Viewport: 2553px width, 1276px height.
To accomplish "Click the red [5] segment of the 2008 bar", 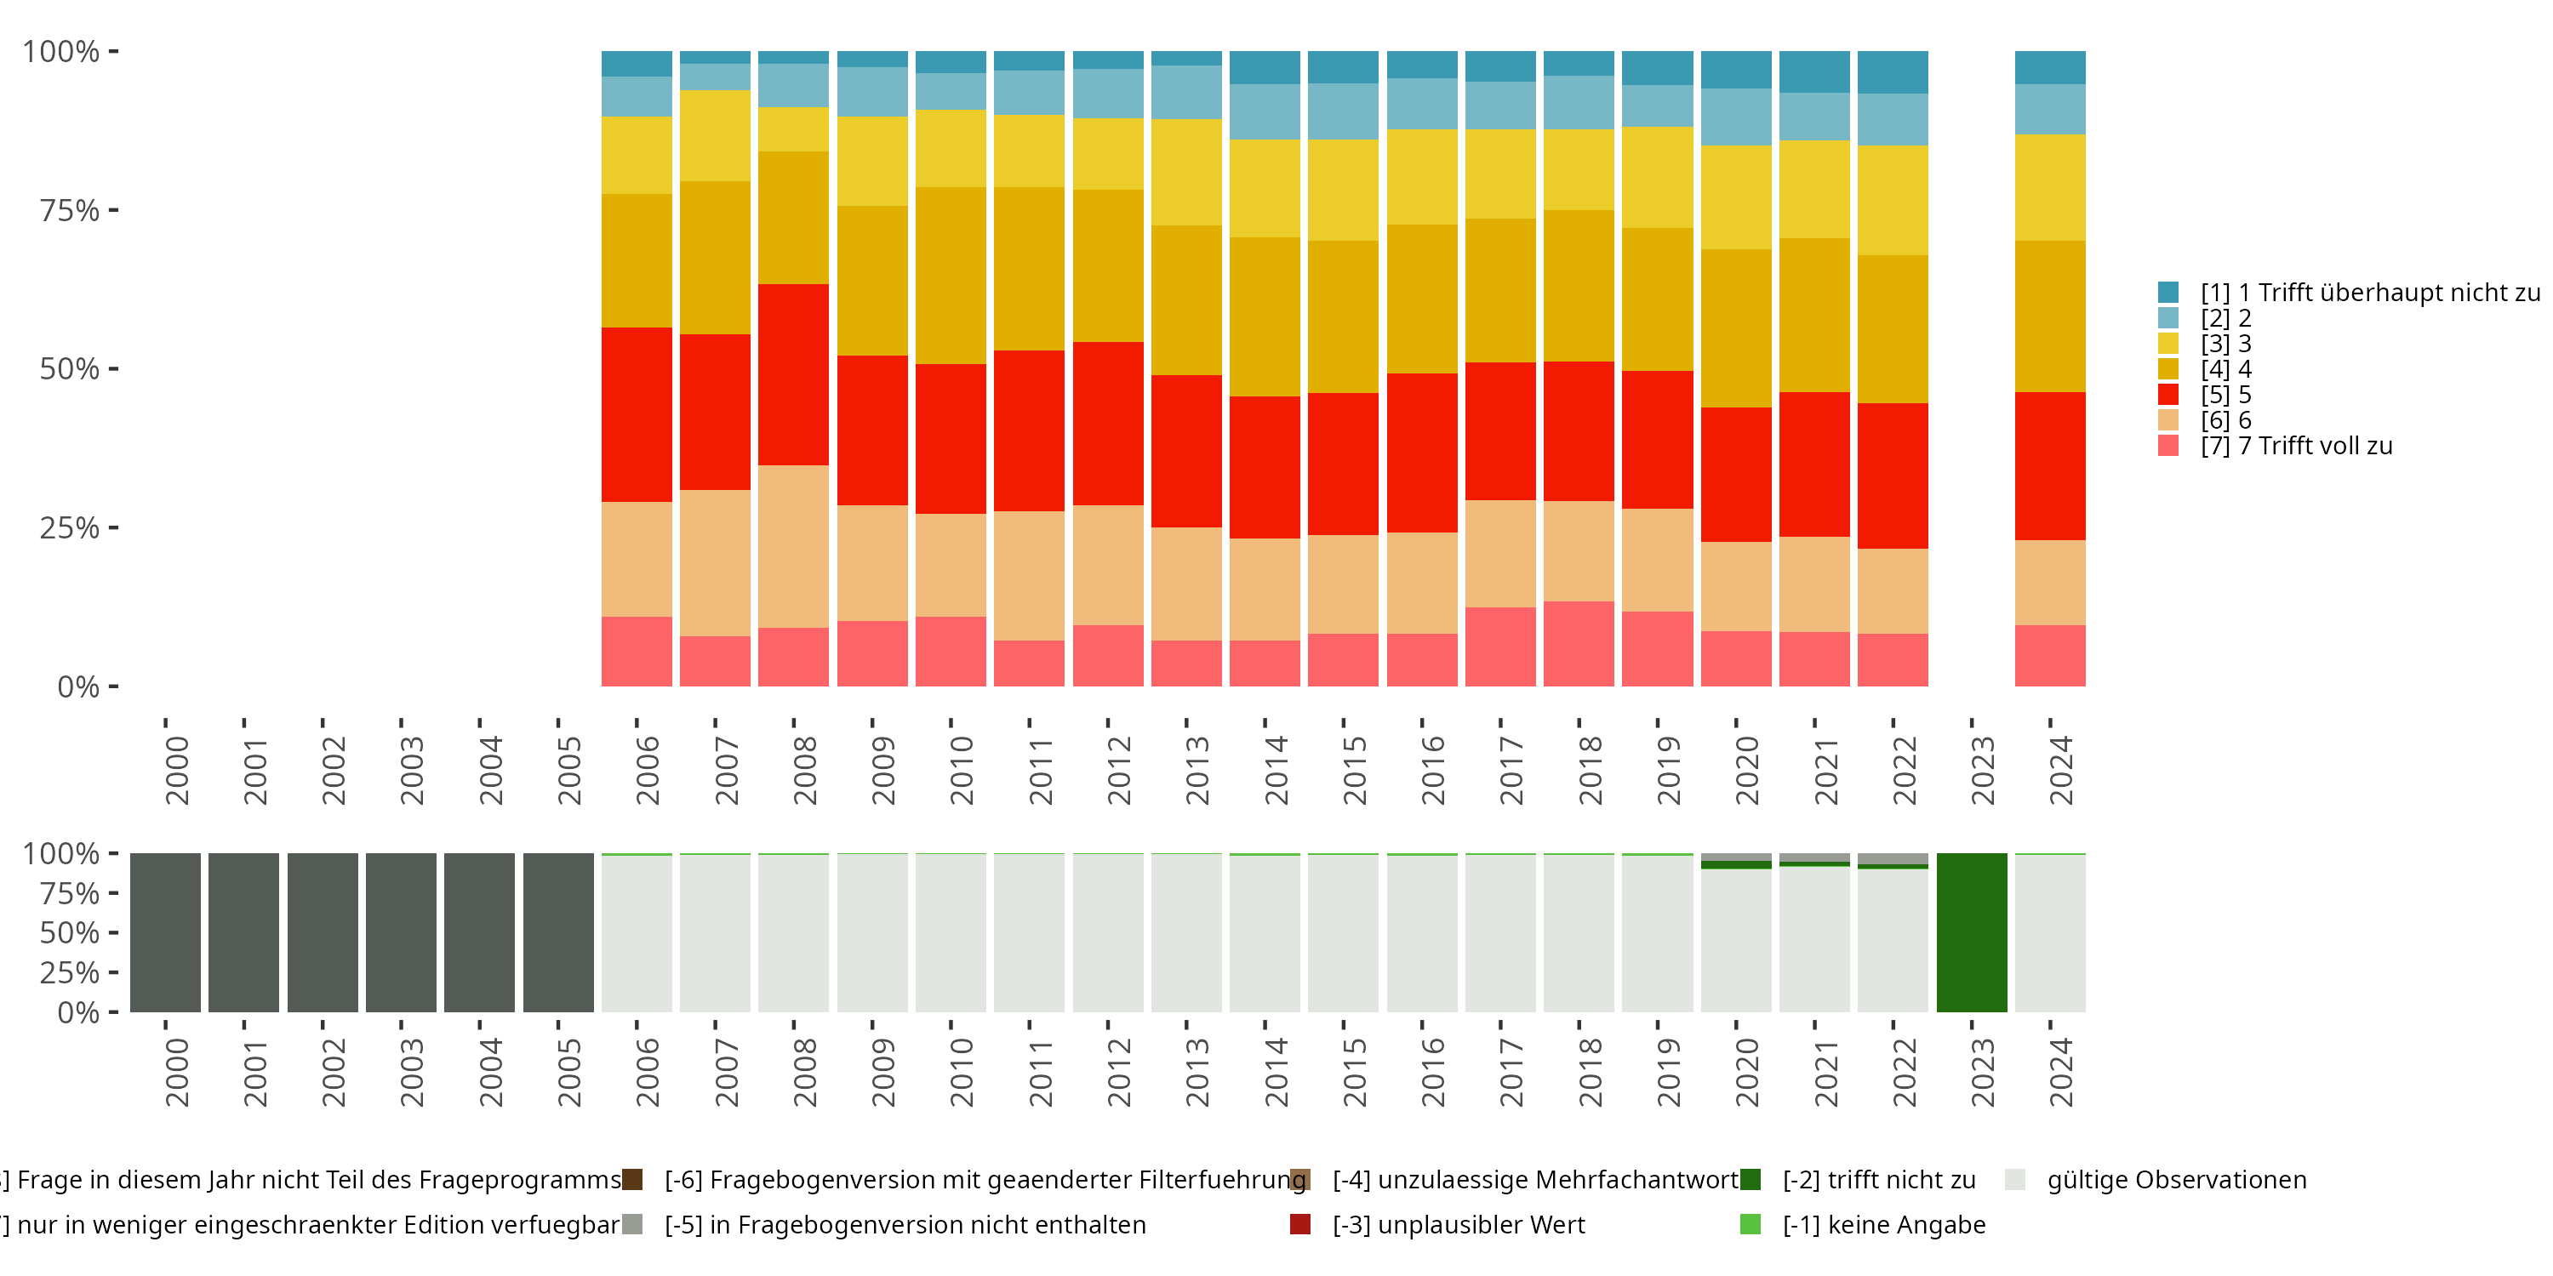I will pos(793,374).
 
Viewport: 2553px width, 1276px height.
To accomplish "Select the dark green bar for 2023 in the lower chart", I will pos(1971,932).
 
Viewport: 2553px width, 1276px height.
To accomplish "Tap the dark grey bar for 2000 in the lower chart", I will pos(164,932).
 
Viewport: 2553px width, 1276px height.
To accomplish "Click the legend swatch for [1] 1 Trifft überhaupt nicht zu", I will pos(2168,293).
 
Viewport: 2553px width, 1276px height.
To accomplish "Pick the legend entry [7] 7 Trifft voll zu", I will pos(2295,446).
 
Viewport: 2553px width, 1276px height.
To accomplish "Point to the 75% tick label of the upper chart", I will pos(70,210).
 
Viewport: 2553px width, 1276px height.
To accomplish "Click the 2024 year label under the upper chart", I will pos(2060,771).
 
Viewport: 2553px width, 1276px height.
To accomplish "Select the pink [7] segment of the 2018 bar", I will pos(1579,644).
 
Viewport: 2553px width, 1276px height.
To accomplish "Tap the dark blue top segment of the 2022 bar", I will pos(1892,72).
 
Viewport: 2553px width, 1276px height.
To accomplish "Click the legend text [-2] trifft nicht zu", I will pos(1878,1180).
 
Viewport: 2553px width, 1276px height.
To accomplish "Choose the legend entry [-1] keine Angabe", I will pos(1883,1224).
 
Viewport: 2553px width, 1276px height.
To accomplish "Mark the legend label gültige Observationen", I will pos(2176,1180).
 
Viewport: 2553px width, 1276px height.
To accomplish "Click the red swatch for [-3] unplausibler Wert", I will pos(1300,1224).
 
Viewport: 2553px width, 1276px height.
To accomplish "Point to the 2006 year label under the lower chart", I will pos(647,1072).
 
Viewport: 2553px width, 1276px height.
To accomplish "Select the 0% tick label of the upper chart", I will pos(78,686).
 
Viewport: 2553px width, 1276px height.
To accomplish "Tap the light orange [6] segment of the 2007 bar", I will pos(715,562).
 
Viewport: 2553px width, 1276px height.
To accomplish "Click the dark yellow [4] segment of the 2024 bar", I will pos(2049,316).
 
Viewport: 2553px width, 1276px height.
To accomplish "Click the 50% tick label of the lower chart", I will pos(70,932).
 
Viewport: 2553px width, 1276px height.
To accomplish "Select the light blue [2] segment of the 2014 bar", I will pos(1265,112).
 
